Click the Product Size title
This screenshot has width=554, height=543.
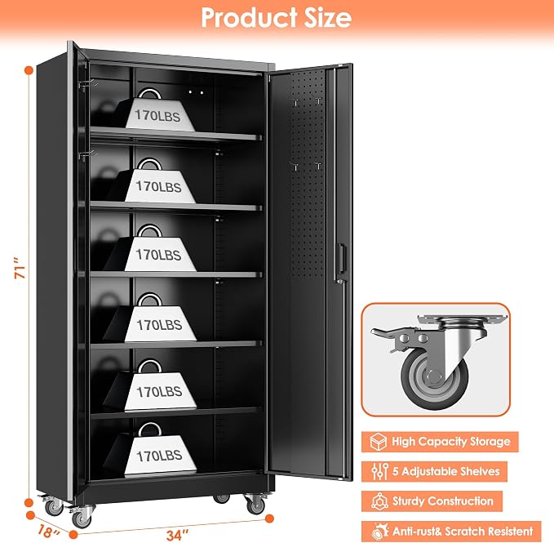click(x=277, y=17)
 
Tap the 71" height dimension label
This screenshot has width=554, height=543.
click(x=20, y=269)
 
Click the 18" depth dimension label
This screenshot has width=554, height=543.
click(x=47, y=531)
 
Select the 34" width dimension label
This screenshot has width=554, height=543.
click(x=178, y=535)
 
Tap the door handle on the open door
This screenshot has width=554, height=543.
click(x=341, y=259)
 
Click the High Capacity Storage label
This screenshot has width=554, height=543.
click(x=451, y=442)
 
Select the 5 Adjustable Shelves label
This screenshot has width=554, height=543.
click(x=445, y=471)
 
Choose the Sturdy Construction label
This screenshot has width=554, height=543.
click(x=443, y=501)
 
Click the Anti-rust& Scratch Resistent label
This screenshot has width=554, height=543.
click(x=463, y=531)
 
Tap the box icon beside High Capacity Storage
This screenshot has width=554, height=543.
click(x=378, y=442)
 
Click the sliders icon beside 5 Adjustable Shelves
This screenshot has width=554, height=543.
click(x=379, y=472)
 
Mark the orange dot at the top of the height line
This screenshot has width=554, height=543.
click(x=29, y=70)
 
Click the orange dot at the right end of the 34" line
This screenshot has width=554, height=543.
click(x=269, y=519)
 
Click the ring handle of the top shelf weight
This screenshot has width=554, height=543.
click(x=149, y=93)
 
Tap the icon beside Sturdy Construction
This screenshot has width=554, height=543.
click(x=380, y=501)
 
